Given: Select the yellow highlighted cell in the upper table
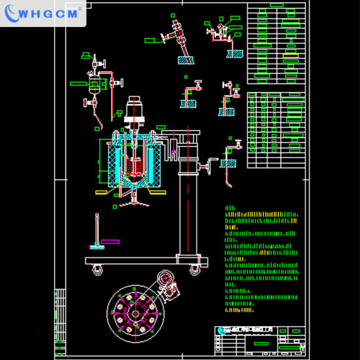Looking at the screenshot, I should pos(291,56).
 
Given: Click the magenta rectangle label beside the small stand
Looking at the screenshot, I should pos(110,241).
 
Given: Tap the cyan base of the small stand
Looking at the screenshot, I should pos(98,246).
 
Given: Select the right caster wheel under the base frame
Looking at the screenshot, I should pos(194,270).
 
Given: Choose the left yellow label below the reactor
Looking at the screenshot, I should pos(103,192).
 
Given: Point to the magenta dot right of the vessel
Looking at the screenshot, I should pos(173,151).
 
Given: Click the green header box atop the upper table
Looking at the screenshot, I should pos(277,5).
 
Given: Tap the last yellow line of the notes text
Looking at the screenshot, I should pos(240,309).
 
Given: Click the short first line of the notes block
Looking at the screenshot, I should pos(230,208).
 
